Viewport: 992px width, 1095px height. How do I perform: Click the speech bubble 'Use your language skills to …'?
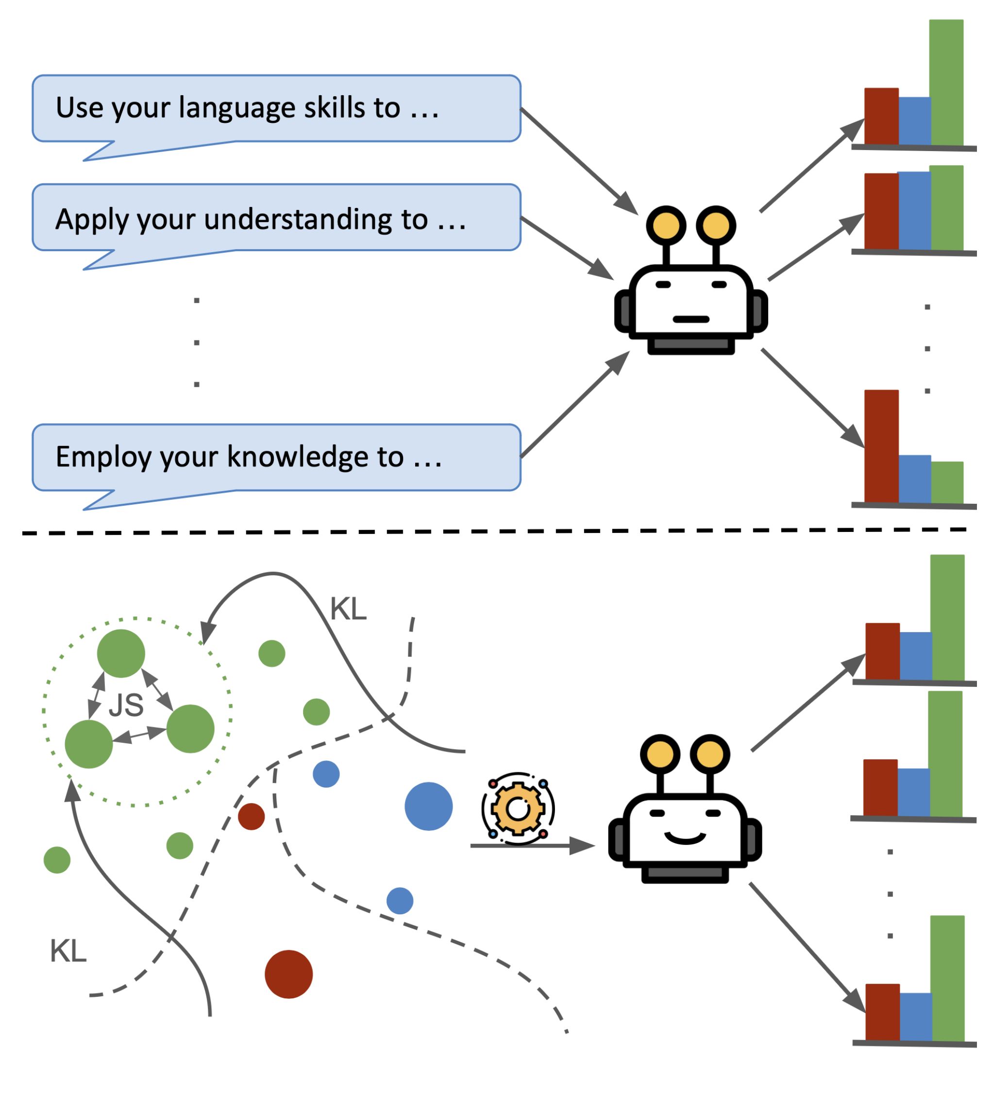pyautogui.click(x=276, y=109)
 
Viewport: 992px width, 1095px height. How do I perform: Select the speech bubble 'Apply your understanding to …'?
pyautogui.click(x=276, y=218)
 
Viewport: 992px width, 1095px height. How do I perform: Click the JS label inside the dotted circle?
pyautogui.click(x=126, y=705)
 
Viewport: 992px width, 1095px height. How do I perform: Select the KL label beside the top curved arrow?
pyautogui.click(x=348, y=609)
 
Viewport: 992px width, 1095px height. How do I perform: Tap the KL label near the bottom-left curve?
pyautogui.click(x=68, y=952)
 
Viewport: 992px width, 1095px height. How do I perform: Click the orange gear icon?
pyautogui.click(x=518, y=809)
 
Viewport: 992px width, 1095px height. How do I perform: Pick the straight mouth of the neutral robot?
pyautogui.click(x=690, y=319)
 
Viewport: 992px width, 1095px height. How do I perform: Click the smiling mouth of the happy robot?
pyautogui.click(x=685, y=838)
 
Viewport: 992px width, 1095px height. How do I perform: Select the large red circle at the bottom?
pyautogui.click(x=288, y=975)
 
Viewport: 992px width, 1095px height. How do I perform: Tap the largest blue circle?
pyautogui.click(x=428, y=806)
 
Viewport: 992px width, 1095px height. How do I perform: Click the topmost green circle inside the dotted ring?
pyautogui.click(x=121, y=653)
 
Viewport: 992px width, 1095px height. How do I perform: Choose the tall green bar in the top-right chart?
pyautogui.click(x=946, y=83)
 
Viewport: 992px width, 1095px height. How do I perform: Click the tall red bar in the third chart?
pyautogui.click(x=881, y=446)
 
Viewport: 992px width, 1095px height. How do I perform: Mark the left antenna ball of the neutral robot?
pyautogui.click(x=666, y=225)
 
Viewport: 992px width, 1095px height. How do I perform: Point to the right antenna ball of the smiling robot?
pyautogui.click(x=710, y=754)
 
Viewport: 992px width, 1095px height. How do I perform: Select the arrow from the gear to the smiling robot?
pyautogui.click(x=532, y=846)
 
